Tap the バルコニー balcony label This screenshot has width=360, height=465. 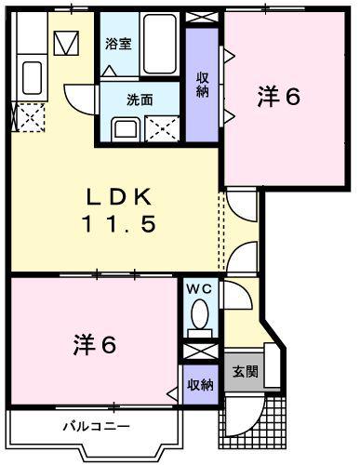(x=97, y=427)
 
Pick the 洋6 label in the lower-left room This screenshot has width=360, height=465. (x=95, y=346)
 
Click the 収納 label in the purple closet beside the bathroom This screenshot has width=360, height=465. (x=202, y=85)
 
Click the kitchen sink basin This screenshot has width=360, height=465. (x=32, y=75)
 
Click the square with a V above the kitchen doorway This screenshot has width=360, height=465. (x=66, y=43)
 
